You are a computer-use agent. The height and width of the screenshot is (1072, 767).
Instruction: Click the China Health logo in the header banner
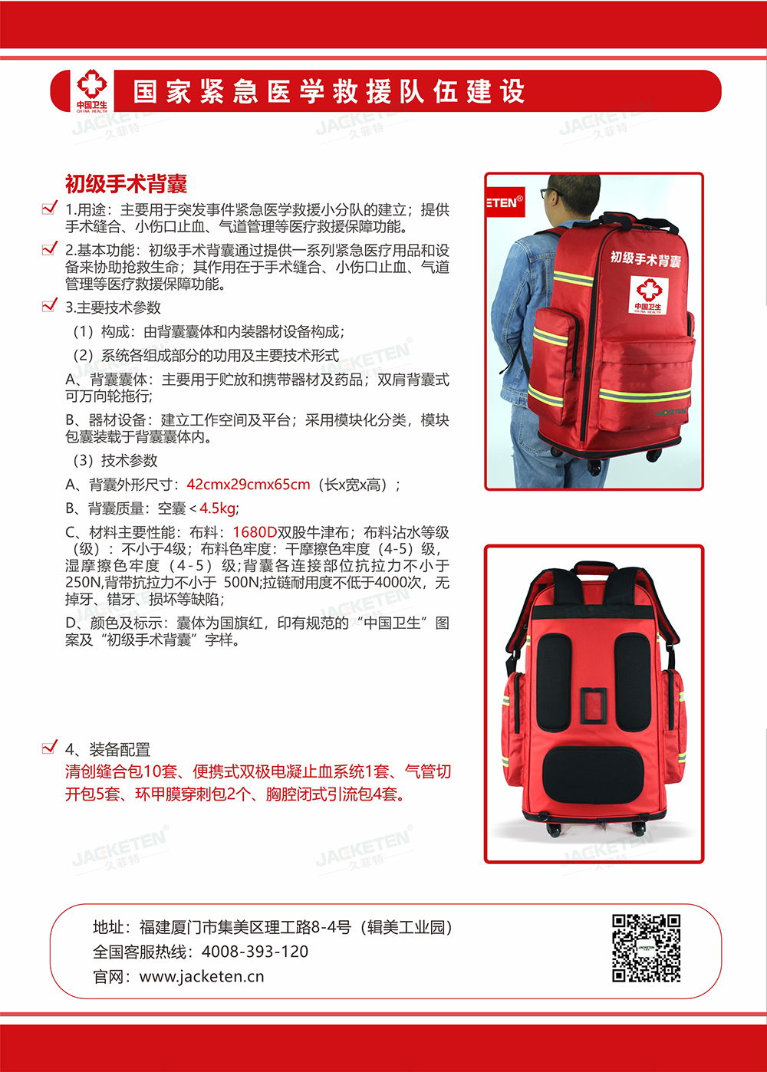pyautogui.click(x=92, y=91)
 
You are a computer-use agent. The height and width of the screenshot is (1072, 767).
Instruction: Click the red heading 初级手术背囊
pyautogui.click(x=126, y=184)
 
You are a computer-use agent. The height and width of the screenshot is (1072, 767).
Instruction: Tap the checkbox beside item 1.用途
pyautogui.click(x=50, y=207)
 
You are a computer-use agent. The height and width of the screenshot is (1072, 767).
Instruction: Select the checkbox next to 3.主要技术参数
pyautogui.click(x=50, y=304)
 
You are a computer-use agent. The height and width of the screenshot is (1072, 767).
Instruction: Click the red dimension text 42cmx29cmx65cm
pyautogui.click(x=249, y=485)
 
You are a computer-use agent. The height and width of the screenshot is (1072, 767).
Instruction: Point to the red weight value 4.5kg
pyautogui.click(x=217, y=508)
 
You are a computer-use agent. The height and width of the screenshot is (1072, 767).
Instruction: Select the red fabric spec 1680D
pyautogui.click(x=255, y=532)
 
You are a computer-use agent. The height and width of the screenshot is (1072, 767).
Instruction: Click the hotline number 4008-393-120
pyautogui.click(x=255, y=952)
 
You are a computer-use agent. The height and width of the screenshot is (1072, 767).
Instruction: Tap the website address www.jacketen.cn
pyautogui.click(x=202, y=976)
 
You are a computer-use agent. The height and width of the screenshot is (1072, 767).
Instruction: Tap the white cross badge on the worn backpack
pyautogui.click(x=649, y=294)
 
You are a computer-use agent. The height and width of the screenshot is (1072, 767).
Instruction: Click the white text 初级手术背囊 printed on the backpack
pyautogui.click(x=645, y=258)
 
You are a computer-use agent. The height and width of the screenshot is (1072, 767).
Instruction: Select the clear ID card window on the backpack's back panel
pyautogui.click(x=594, y=706)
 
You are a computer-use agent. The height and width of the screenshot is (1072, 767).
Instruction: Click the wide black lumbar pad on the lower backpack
pyautogui.click(x=594, y=774)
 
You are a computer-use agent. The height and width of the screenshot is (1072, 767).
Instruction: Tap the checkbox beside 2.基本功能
pyautogui.click(x=50, y=248)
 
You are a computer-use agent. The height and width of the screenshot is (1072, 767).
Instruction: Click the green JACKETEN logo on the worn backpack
pyautogui.click(x=670, y=412)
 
